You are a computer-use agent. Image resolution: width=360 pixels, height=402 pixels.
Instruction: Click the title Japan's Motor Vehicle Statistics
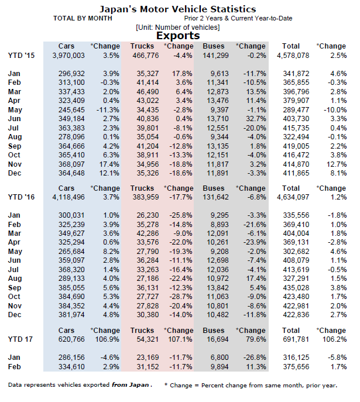178,9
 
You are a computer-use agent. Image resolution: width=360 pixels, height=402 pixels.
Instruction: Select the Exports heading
178,36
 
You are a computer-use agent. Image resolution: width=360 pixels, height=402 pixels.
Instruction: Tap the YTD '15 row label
21,56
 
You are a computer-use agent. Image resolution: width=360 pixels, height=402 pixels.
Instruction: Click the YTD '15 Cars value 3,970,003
68,56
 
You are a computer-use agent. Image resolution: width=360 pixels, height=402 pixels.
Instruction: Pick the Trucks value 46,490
148,92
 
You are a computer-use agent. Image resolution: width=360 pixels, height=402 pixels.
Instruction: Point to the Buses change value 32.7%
255,119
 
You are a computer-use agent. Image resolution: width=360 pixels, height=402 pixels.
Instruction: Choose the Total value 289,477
296,110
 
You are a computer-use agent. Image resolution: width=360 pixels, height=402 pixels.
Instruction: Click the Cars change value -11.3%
108,110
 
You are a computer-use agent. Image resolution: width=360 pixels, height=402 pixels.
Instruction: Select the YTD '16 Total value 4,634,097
293,197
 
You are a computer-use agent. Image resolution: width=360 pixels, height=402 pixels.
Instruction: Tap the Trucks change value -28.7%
181,297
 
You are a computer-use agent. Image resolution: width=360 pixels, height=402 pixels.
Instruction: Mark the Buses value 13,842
218,288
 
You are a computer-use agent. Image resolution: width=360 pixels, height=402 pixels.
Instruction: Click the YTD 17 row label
20,339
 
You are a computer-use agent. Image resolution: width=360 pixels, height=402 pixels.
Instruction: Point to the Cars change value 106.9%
107,339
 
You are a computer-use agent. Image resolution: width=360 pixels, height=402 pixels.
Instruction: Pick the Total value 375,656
296,367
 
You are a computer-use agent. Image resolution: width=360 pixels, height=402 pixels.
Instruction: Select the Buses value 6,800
220,358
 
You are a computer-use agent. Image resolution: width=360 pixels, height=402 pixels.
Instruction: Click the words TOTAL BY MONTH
83,19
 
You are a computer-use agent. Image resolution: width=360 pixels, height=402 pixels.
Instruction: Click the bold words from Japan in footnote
131,385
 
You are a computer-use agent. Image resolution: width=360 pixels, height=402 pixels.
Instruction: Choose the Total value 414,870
296,164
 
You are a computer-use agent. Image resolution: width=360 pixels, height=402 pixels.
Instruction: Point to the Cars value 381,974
71,315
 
